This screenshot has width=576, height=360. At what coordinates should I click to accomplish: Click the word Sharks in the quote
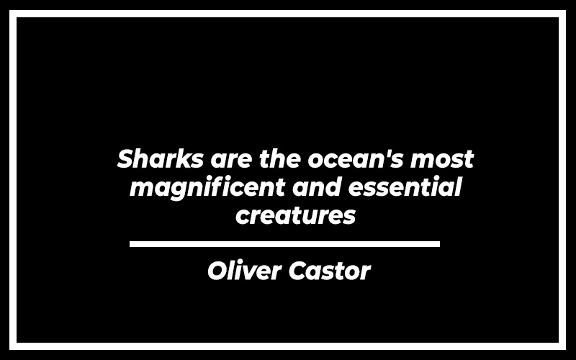[x=160, y=158]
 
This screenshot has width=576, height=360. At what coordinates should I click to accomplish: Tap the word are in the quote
[x=232, y=161]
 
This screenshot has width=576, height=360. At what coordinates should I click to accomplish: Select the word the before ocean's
[x=280, y=158]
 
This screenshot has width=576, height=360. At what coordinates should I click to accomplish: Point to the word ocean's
[x=356, y=158]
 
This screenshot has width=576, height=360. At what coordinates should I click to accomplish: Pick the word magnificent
[x=207, y=188]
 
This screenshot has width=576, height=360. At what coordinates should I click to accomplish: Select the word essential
[x=405, y=186]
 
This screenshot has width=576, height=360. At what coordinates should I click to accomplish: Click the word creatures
[x=296, y=215]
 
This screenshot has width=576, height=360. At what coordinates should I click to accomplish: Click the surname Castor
[x=330, y=271]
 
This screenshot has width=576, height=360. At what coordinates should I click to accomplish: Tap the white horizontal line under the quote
[x=284, y=244]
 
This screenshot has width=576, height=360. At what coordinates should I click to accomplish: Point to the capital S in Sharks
[x=125, y=158]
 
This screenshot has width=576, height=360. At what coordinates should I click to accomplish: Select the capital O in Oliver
[x=219, y=271]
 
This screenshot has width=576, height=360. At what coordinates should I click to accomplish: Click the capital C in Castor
[x=300, y=271]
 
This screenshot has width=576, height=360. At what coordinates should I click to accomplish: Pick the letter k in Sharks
[x=184, y=158]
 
